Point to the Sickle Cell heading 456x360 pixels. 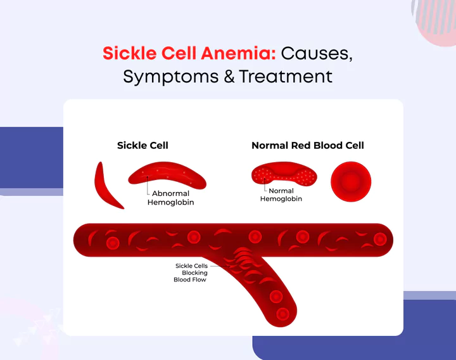tap(142, 145)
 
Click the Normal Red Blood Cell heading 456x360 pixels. tap(308, 145)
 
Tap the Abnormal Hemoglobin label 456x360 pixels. tap(170, 198)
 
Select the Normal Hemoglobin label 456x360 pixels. tap(281, 195)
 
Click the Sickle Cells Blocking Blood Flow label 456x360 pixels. tap(191, 273)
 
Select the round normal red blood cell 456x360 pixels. tap(351, 181)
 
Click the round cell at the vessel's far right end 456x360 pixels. tap(380, 239)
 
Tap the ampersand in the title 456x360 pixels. tap(227, 77)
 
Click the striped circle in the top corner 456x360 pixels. tap(437, 16)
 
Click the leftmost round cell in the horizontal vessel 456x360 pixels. tap(113, 243)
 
